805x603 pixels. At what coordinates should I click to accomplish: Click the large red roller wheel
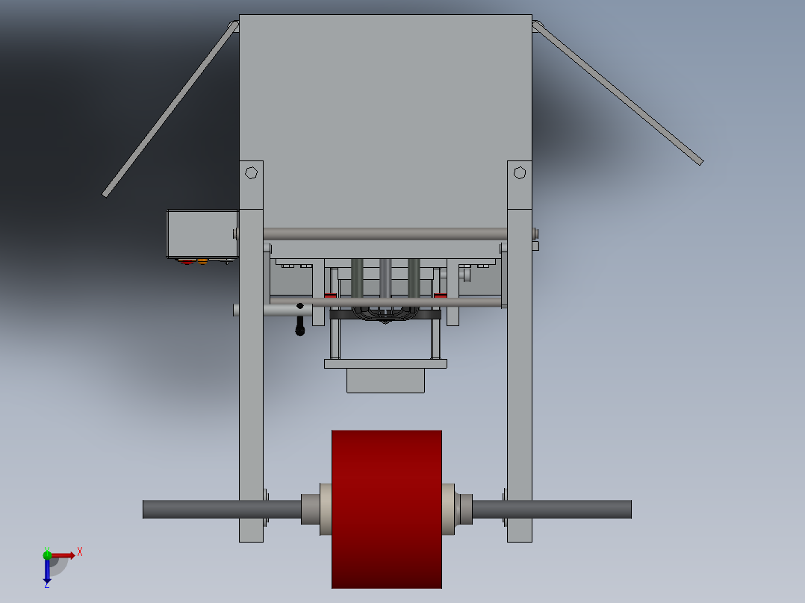point(386,507)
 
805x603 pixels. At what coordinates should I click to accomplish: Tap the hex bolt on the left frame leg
point(252,172)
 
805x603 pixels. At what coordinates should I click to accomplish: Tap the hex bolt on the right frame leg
point(520,173)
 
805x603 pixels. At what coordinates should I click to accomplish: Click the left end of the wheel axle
point(149,509)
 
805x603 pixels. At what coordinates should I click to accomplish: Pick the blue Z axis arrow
point(47,572)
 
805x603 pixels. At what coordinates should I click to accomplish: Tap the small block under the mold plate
point(385,381)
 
